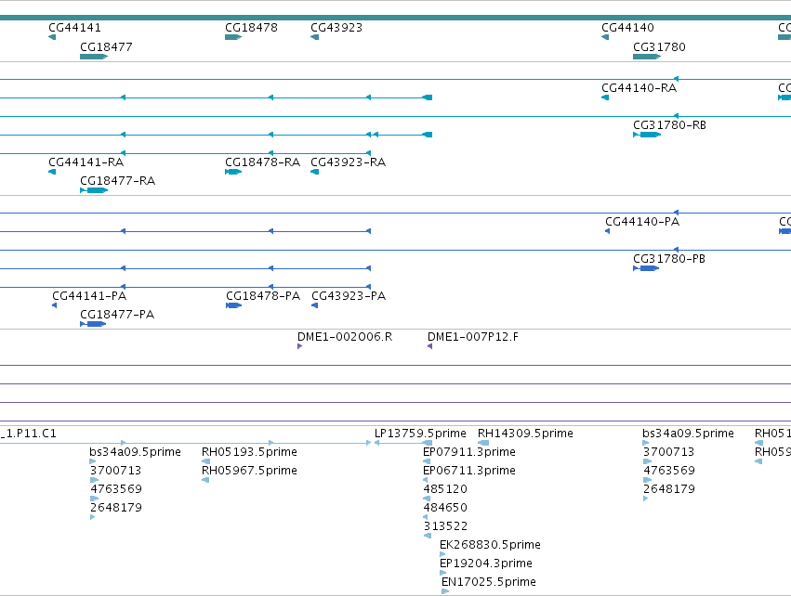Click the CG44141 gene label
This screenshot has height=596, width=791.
(x=74, y=28)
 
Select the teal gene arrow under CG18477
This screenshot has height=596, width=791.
(x=94, y=57)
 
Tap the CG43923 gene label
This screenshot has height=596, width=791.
(x=336, y=28)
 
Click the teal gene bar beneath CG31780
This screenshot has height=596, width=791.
(x=647, y=57)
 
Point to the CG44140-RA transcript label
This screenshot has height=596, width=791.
(x=639, y=87)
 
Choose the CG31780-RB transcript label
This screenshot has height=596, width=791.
(x=669, y=125)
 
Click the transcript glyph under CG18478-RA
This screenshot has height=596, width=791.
(x=233, y=172)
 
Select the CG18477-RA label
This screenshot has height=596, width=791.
(x=117, y=181)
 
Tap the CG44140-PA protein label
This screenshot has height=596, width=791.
(x=642, y=222)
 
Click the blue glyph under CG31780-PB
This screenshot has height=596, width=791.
(x=646, y=268)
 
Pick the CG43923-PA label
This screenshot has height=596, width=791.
(x=349, y=296)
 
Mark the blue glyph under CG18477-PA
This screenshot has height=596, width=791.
(x=93, y=323)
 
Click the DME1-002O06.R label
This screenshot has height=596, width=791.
(x=345, y=337)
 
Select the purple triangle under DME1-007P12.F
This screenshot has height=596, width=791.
(x=429, y=346)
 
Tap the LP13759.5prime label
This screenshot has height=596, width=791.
(x=420, y=434)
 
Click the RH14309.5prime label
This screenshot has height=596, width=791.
(x=525, y=434)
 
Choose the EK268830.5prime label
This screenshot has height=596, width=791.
(x=490, y=545)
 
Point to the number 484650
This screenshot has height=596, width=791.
(x=445, y=507)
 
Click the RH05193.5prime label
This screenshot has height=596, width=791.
(x=249, y=452)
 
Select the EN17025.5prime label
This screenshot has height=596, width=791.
(x=488, y=582)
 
